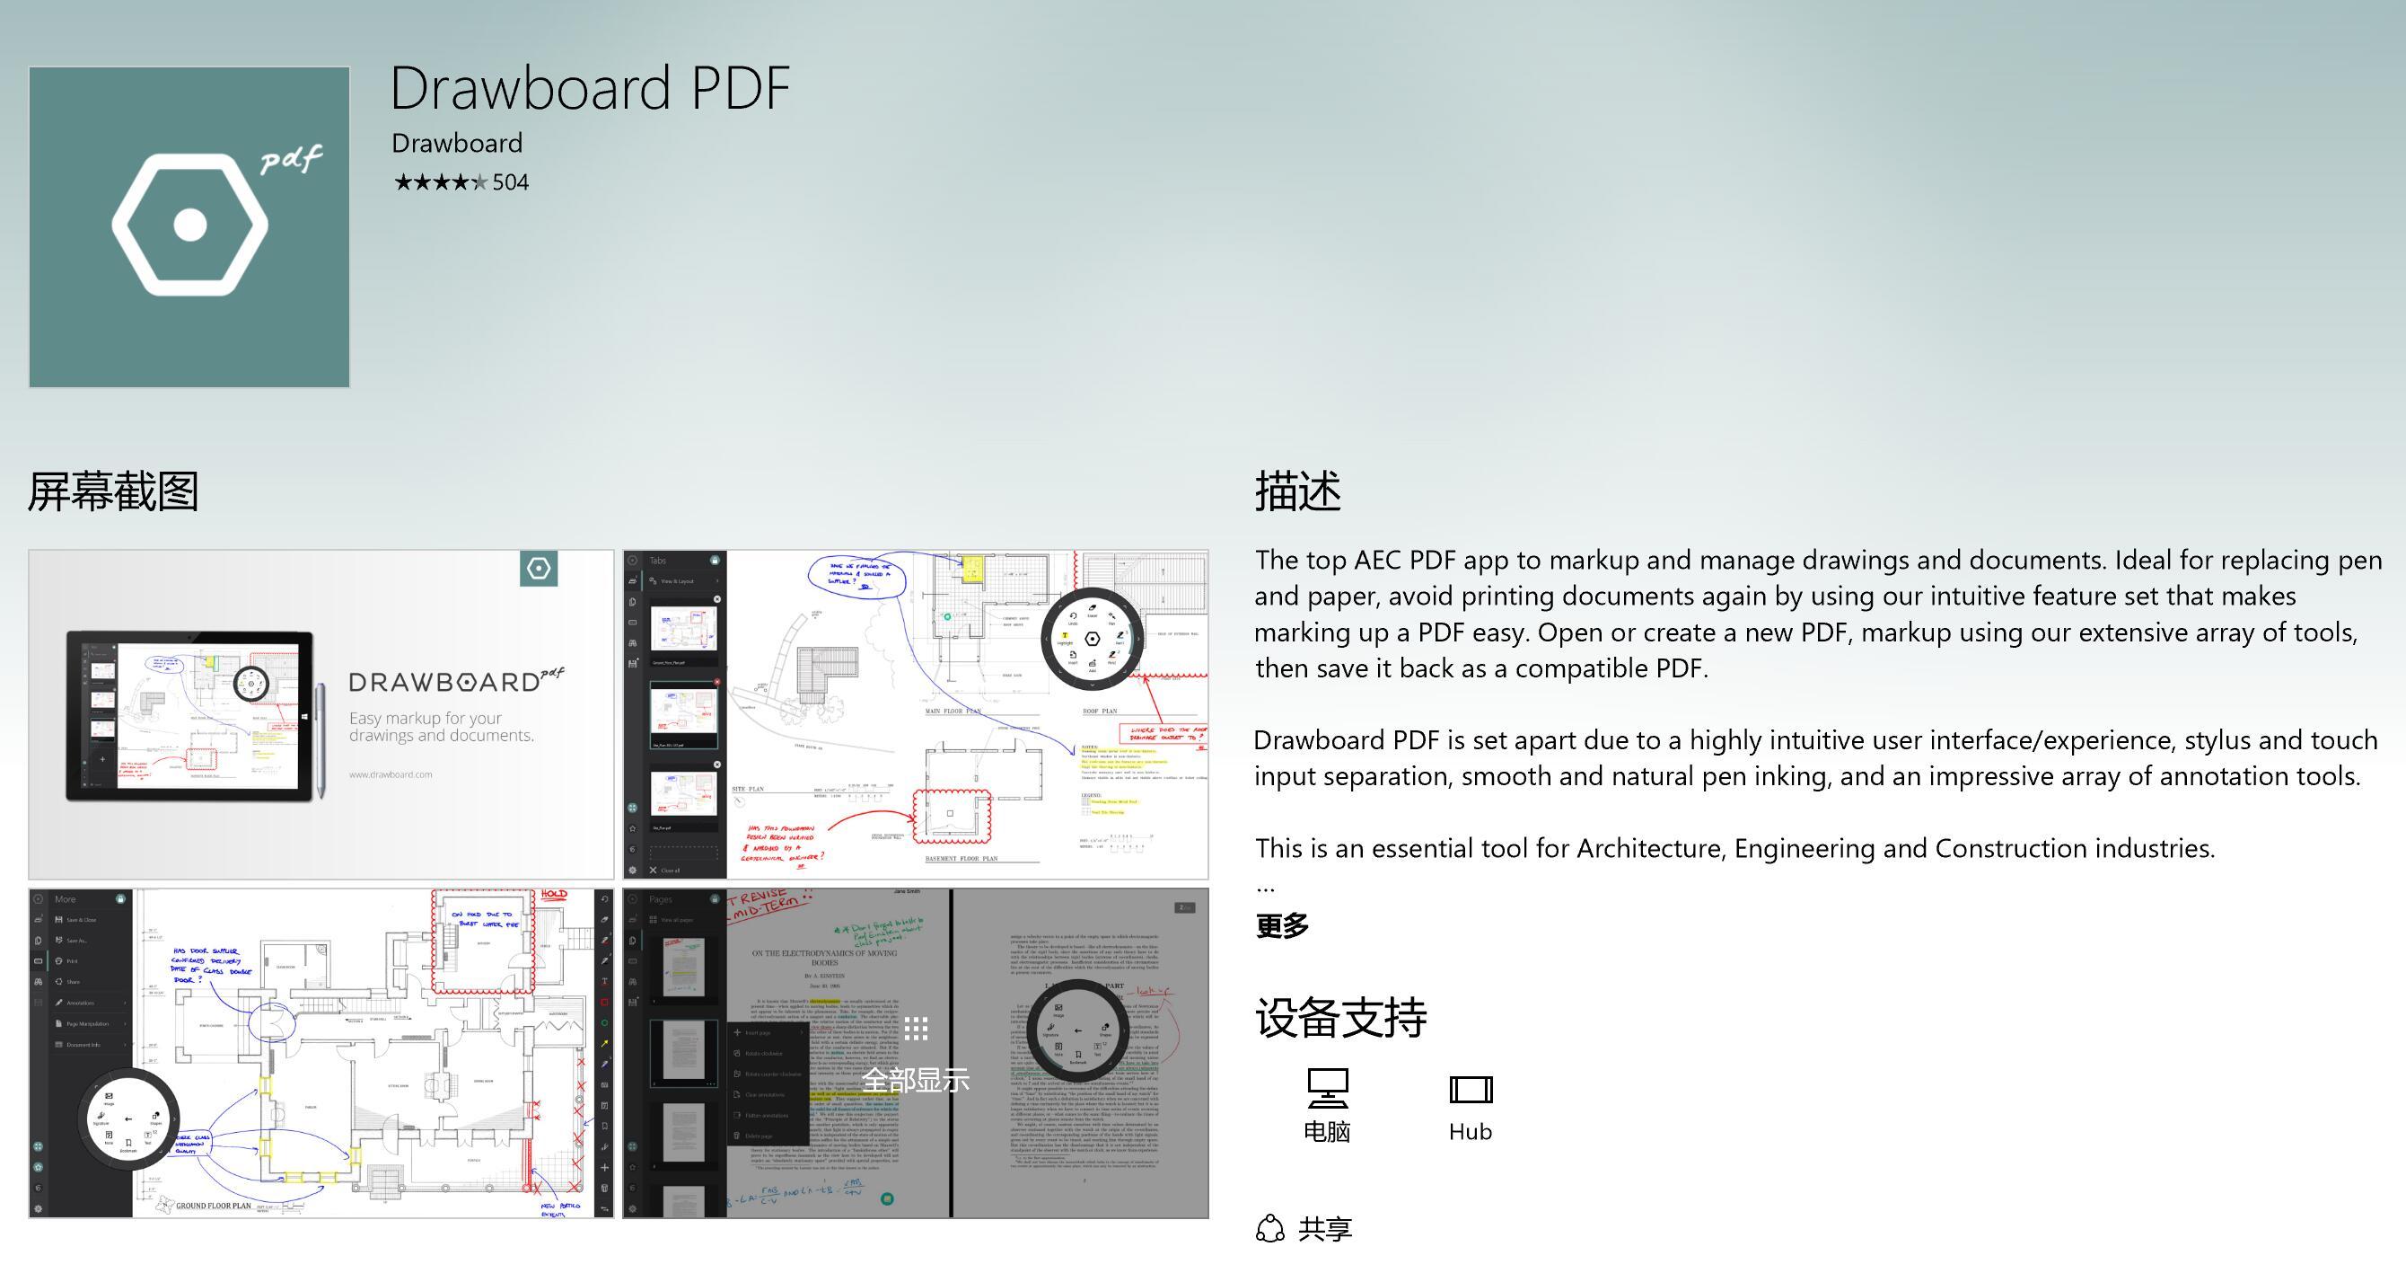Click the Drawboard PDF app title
click(x=589, y=89)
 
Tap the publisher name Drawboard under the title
click(x=457, y=143)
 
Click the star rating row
click(x=440, y=182)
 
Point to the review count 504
click(x=510, y=182)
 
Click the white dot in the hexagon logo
click(x=190, y=225)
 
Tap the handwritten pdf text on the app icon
click(x=292, y=160)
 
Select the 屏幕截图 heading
click(x=113, y=491)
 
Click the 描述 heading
click(x=1297, y=491)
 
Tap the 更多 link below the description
click(x=1281, y=925)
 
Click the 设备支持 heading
click(x=1340, y=1018)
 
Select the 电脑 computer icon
click(x=1327, y=1089)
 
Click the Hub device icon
click(x=1471, y=1090)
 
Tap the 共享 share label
click(x=1324, y=1229)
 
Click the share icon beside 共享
click(x=1270, y=1229)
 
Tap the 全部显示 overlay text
click(x=916, y=1080)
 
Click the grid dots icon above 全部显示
click(x=916, y=1029)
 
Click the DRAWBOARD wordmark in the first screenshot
click(x=444, y=682)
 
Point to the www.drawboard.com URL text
click(x=391, y=774)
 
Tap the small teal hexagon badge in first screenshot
click(x=539, y=568)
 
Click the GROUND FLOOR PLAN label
click(x=213, y=1206)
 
